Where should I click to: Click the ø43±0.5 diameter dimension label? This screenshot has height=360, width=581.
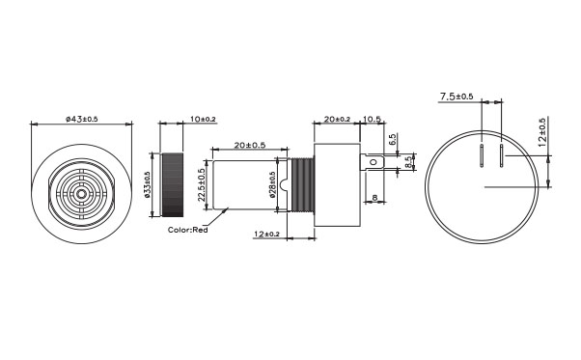pos(83,119)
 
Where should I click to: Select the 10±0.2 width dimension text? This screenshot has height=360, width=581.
pos(203,119)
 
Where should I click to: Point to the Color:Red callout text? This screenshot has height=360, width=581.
pos(187,231)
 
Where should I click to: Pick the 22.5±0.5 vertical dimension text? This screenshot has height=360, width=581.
pos(201,183)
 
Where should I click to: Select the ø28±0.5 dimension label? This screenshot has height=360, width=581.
pos(273,184)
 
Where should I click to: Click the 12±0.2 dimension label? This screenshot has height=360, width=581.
pos(266,235)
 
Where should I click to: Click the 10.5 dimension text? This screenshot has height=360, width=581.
pos(373,119)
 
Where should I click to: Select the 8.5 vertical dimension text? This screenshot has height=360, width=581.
pos(408,162)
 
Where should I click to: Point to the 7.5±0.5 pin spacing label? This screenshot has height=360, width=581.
pos(456,97)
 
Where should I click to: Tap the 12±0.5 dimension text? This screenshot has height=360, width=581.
pos(542,132)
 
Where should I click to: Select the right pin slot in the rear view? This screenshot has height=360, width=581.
pos(501,158)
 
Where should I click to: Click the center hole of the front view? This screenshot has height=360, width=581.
pos(83,194)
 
